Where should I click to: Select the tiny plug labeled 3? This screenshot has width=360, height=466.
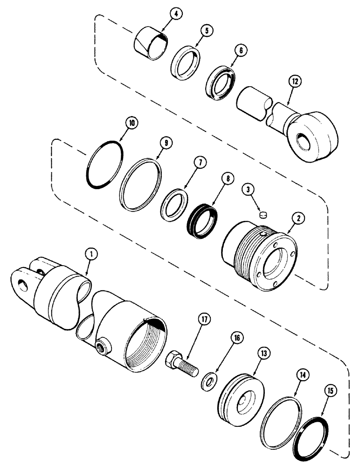pyautogui.click(x=263, y=215)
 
